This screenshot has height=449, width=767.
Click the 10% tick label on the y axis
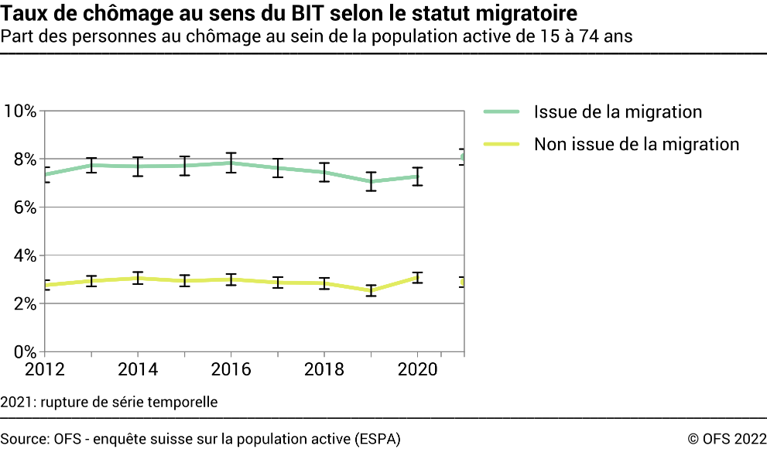(19, 111)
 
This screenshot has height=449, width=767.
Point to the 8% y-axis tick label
(23, 159)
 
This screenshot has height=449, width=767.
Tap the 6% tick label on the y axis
(23, 207)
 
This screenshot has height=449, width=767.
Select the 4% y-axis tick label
(23, 255)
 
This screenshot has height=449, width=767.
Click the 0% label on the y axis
(23, 351)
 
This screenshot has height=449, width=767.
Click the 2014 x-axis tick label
(137, 369)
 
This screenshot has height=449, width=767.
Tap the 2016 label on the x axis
(231, 369)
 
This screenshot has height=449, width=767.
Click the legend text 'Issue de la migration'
(618, 111)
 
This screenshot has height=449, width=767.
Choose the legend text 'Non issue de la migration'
(636, 144)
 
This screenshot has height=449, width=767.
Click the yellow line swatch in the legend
(500, 144)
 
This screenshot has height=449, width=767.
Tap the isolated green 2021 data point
(463, 157)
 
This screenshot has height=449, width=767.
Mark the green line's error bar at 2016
(231, 163)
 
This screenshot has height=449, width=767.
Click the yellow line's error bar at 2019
(371, 290)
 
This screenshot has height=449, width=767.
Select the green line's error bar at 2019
(371, 181)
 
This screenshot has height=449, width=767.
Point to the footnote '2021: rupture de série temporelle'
(109, 402)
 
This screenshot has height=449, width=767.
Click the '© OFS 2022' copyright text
(723, 439)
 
